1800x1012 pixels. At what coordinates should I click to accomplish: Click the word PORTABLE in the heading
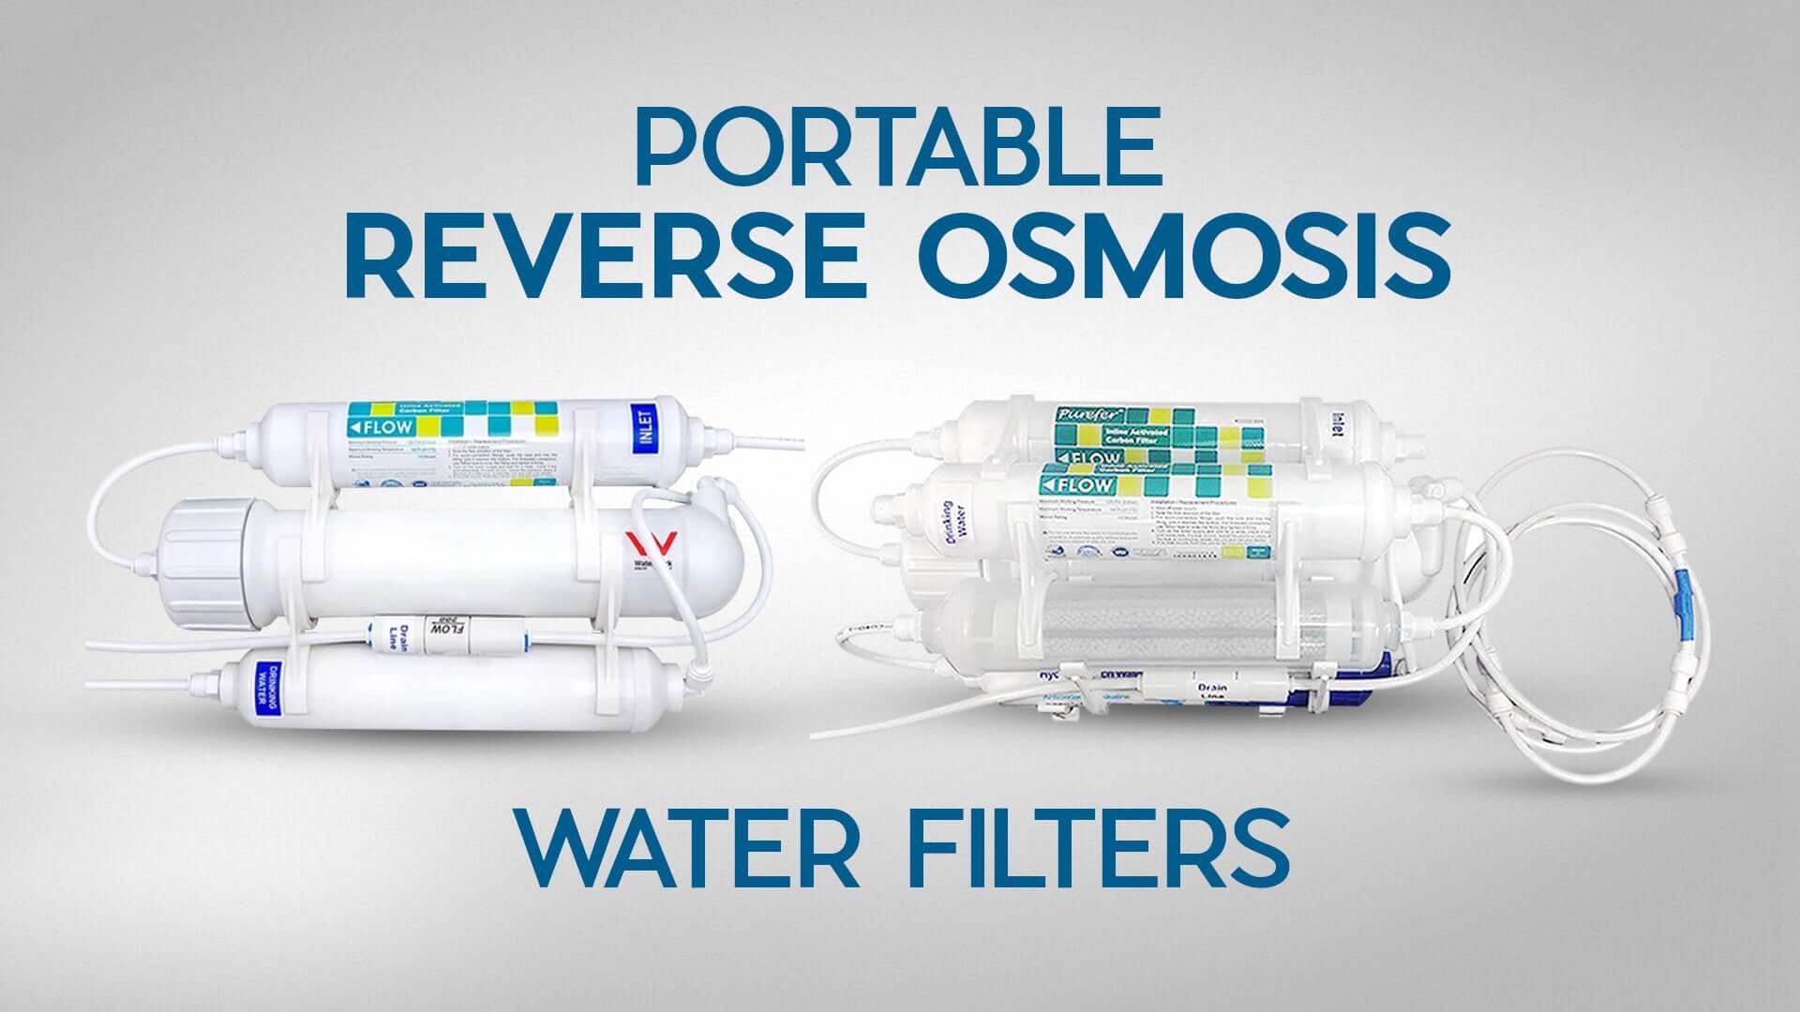click(898, 149)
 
